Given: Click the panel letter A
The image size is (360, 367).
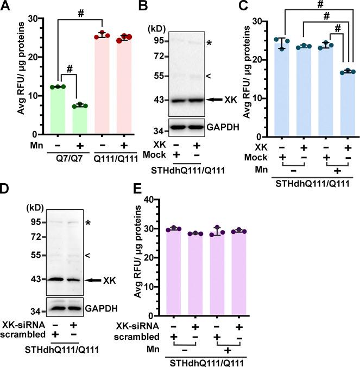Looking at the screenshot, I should pos(6,6).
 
